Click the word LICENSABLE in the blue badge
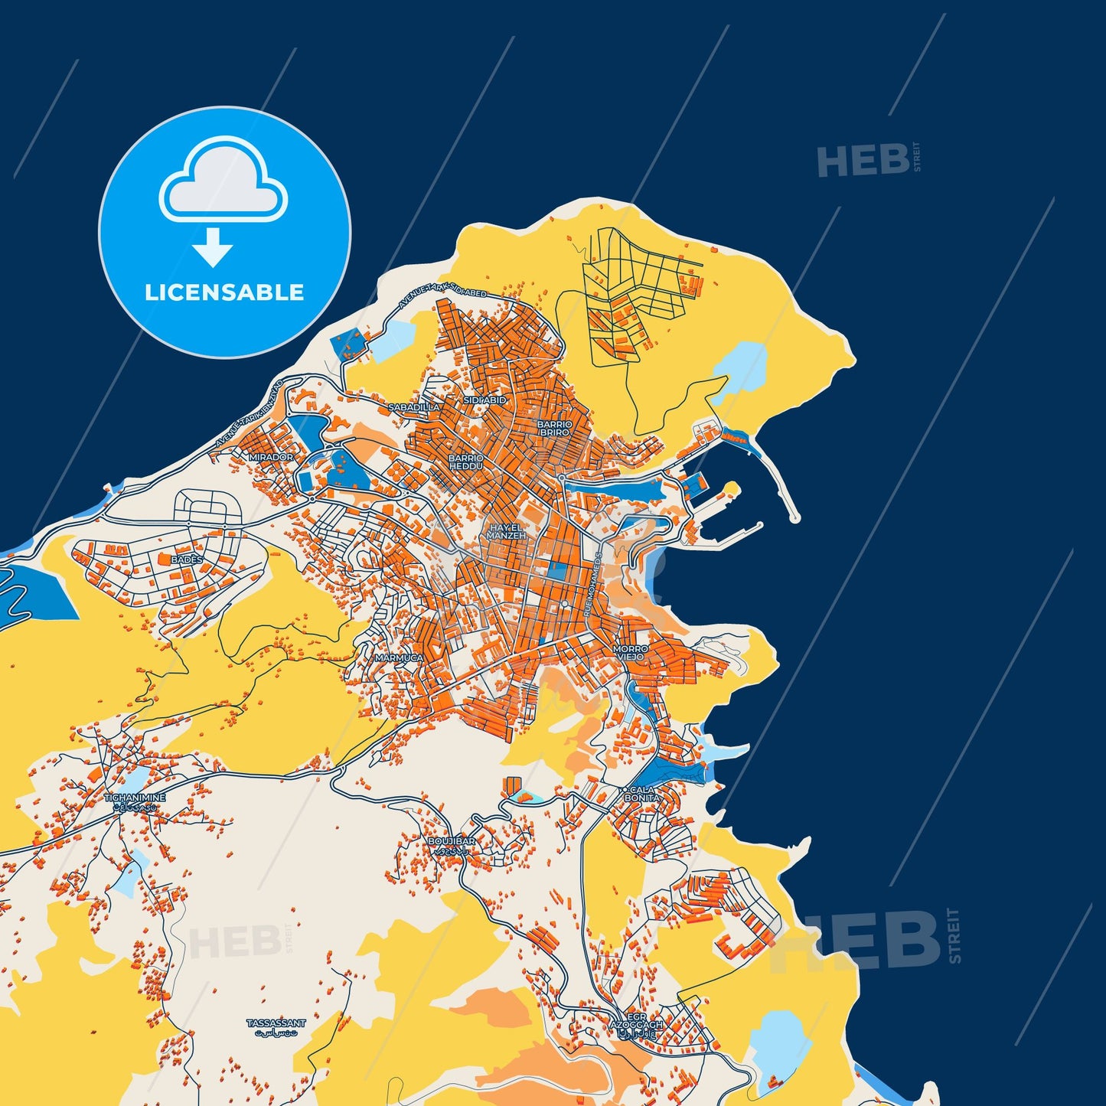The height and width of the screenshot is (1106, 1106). [224, 292]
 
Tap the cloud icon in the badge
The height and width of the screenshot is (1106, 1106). [223, 181]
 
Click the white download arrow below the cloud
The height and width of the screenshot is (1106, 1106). [213, 247]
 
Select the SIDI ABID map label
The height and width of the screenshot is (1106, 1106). [484, 400]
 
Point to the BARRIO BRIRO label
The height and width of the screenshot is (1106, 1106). [554, 428]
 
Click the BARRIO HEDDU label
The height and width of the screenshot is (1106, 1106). [466, 462]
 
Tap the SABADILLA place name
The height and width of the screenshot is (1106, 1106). [414, 407]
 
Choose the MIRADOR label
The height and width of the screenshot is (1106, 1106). [271, 457]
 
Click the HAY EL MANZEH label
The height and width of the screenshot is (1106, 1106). [506, 532]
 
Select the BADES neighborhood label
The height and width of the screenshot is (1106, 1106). [187, 560]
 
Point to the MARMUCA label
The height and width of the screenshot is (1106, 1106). [399, 657]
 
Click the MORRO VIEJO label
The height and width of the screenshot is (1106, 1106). [630, 652]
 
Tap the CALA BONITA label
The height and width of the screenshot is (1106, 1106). [641, 794]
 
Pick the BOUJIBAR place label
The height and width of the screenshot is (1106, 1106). [452, 841]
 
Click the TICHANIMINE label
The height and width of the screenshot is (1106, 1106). [135, 798]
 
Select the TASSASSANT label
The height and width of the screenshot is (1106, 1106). [276, 1023]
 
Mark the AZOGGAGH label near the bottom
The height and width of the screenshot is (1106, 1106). [635, 1024]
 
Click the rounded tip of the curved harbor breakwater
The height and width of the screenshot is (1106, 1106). [794, 519]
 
